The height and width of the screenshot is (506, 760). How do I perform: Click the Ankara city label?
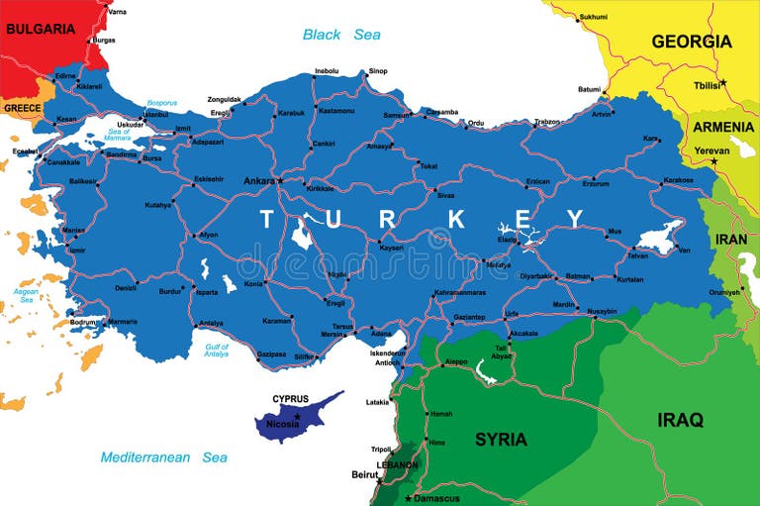[259, 181]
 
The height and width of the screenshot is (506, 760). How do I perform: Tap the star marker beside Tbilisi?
[723, 81]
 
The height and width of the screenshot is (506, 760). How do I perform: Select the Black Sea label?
[341, 35]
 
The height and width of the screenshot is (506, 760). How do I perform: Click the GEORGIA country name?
[691, 42]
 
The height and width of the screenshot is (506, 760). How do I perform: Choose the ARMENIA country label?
[723, 127]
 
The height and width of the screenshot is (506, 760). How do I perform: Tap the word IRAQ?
[680, 420]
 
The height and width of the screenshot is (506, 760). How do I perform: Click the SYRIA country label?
[501, 439]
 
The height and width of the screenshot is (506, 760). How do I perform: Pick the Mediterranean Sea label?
[164, 457]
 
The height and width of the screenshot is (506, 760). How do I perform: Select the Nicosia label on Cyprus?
[283, 425]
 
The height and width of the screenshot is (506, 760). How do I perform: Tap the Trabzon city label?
[547, 122]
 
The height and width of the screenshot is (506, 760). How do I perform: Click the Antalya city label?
[211, 323]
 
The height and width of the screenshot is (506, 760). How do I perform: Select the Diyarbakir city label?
[536, 276]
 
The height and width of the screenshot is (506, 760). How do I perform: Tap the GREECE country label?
[21, 107]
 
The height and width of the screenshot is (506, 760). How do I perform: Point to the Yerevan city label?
[712, 151]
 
